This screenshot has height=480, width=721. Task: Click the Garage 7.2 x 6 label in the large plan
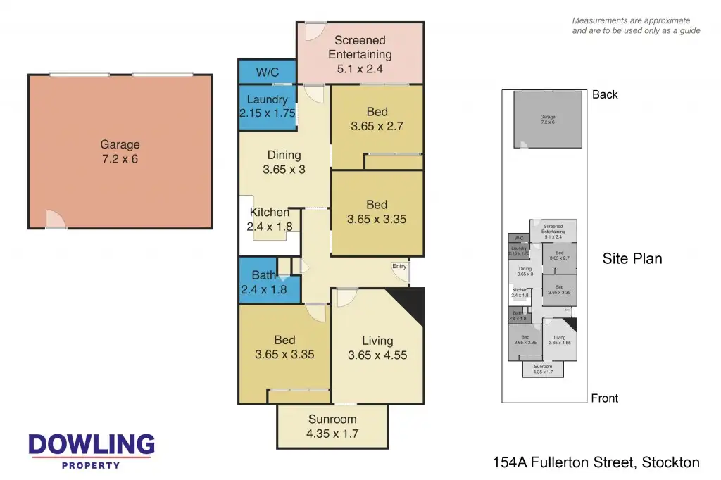(120, 152)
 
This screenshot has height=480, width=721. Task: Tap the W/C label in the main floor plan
(267, 72)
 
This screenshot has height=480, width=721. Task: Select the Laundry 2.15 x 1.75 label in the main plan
(267, 106)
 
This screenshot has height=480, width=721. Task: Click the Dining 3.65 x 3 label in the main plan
(284, 162)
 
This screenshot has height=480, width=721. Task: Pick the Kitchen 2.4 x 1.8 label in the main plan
(269, 219)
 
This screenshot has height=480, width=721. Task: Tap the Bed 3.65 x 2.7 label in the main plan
(377, 119)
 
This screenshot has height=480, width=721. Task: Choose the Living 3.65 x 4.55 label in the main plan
(377, 348)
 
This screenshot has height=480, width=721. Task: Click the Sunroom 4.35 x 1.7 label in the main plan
(332, 427)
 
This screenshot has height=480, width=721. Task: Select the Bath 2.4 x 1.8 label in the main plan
(264, 282)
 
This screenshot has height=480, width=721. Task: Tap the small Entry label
(399, 266)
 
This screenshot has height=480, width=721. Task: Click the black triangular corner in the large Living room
(415, 301)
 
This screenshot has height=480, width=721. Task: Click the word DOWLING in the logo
(92, 444)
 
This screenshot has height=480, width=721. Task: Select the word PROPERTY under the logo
(92, 465)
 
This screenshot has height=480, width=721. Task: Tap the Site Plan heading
(632, 259)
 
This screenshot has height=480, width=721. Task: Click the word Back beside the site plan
(605, 94)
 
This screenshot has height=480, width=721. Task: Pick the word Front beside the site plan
(604, 398)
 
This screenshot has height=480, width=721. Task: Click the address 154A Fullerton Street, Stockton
(596, 462)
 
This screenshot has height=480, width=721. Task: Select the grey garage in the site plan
(548, 119)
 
